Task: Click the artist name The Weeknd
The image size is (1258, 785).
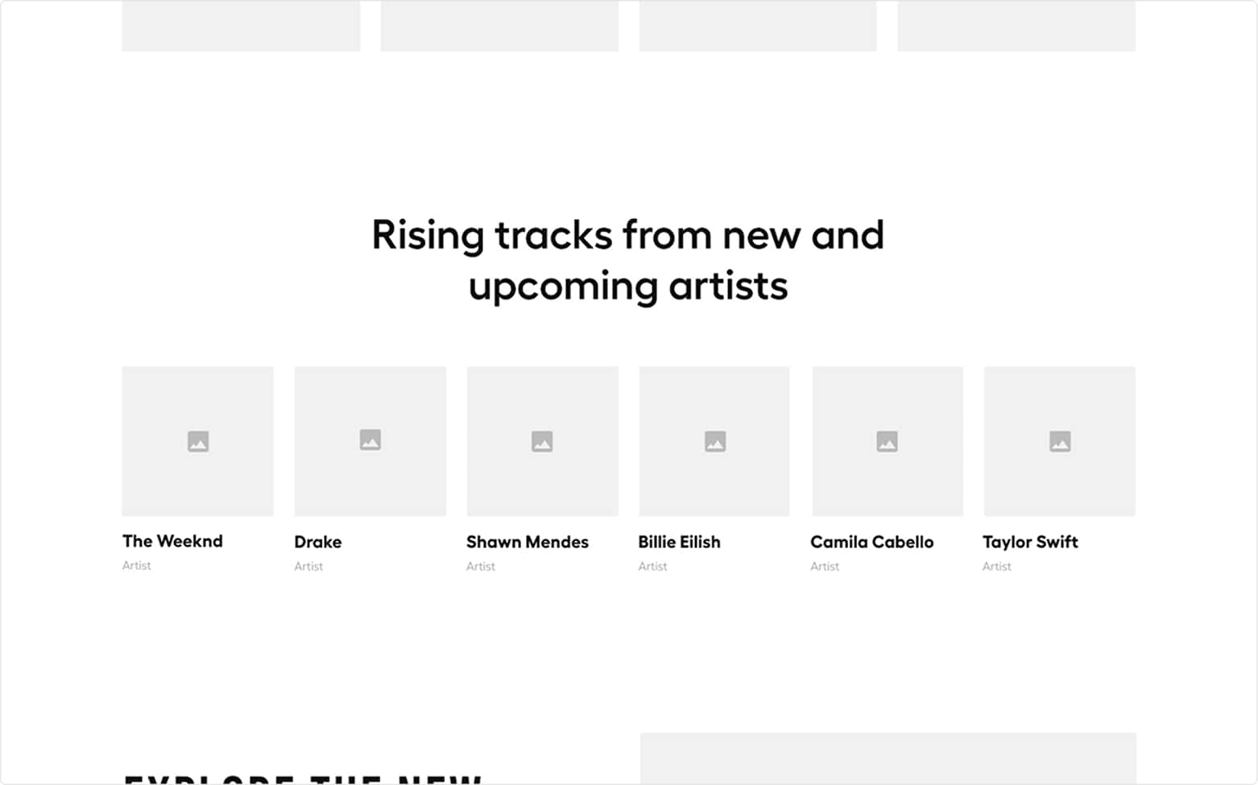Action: pyautogui.click(x=172, y=541)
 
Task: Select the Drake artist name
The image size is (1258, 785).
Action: pyautogui.click(x=317, y=542)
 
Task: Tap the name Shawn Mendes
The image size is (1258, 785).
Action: pyautogui.click(x=527, y=542)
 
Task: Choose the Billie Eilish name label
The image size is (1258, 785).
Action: pyautogui.click(x=679, y=542)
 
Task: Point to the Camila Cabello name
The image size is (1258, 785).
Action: pyautogui.click(x=871, y=542)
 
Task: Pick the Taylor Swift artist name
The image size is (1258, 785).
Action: pyautogui.click(x=1029, y=542)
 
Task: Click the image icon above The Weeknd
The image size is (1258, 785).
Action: pyautogui.click(x=198, y=441)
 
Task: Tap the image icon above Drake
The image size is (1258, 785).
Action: pyautogui.click(x=370, y=440)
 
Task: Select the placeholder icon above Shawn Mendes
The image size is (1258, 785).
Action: pyautogui.click(x=542, y=441)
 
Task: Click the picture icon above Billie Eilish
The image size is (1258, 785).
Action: pyautogui.click(x=715, y=441)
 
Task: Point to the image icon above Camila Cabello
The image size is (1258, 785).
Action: pyautogui.click(x=887, y=441)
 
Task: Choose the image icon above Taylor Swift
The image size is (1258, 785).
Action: pyautogui.click(x=1060, y=441)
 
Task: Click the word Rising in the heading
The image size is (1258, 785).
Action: pyautogui.click(x=427, y=236)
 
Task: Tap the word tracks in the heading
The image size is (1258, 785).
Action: pyautogui.click(x=553, y=236)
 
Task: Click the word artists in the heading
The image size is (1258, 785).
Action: pyautogui.click(x=728, y=287)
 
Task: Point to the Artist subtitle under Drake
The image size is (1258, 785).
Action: pyautogui.click(x=308, y=566)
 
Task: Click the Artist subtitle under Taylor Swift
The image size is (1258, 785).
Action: pyautogui.click(x=996, y=566)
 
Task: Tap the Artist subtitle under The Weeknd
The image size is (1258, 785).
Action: pyautogui.click(x=136, y=565)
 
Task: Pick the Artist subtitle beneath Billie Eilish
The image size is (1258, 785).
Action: pyautogui.click(x=652, y=566)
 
